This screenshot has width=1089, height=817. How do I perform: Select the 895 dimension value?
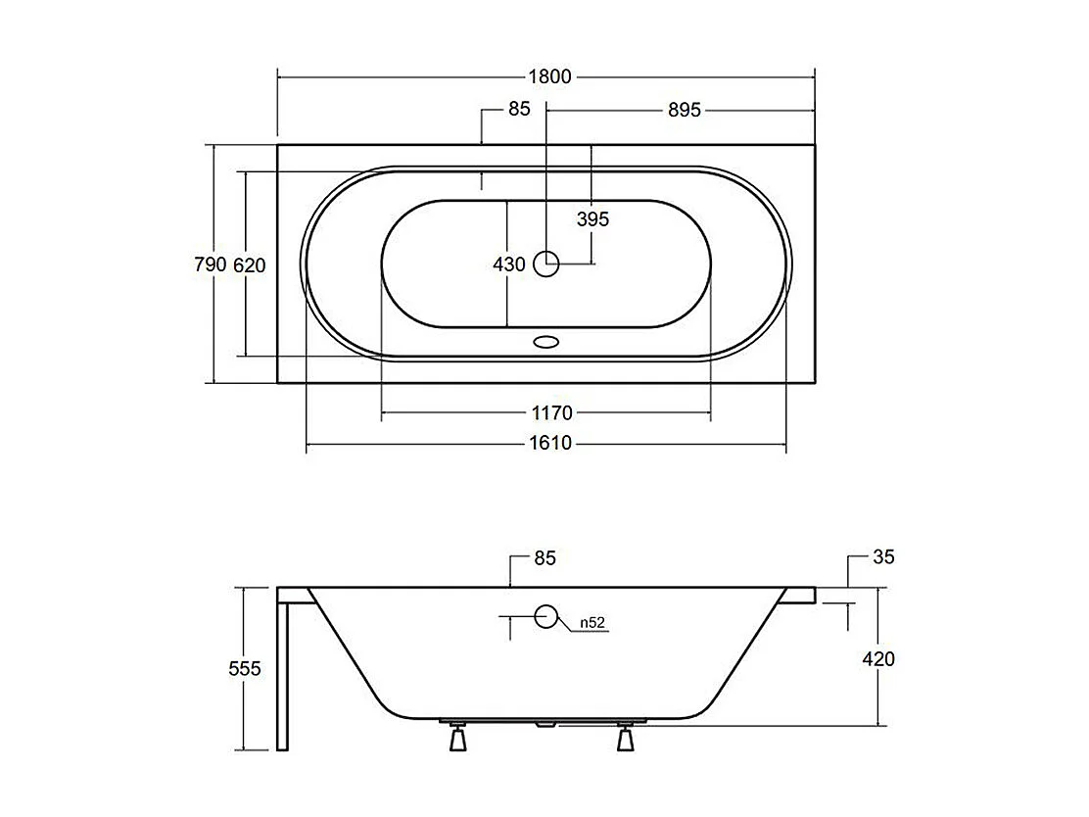click(685, 110)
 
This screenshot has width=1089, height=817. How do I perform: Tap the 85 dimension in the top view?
click(519, 109)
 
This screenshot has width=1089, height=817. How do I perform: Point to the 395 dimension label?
click(592, 218)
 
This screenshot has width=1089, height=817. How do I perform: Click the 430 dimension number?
click(510, 264)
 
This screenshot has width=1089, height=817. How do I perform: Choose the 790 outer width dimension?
click(210, 264)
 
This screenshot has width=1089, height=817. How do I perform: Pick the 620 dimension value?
click(250, 264)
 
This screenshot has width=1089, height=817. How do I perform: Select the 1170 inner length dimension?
click(552, 413)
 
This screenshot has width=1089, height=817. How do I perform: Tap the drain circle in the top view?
click(546, 263)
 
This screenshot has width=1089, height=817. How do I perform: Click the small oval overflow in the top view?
click(545, 343)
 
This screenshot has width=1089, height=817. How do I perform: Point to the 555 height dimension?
click(245, 668)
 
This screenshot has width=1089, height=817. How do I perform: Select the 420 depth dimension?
click(878, 658)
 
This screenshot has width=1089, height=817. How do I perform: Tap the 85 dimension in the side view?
click(544, 557)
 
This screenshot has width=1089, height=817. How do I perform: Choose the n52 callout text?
click(591, 622)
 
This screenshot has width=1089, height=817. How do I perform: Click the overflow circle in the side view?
click(545, 617)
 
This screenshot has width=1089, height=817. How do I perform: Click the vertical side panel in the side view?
click(282, 676)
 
